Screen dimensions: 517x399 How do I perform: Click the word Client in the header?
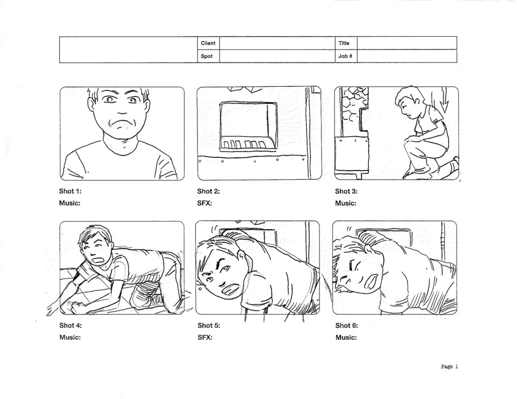click(208, 43)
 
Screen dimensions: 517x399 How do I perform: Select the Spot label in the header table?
click(207, 56)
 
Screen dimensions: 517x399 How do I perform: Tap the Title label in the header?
click(344, 43)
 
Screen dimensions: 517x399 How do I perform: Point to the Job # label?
click(345, 56)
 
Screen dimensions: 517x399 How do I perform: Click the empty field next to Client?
click(277, 43)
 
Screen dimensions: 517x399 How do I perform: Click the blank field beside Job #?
click(407, 56)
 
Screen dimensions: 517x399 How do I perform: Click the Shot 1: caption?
click(70, 191)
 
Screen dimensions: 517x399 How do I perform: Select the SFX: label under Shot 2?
click(205, 203)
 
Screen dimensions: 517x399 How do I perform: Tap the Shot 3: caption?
click(346, 191)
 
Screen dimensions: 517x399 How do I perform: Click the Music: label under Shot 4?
click(70, 338)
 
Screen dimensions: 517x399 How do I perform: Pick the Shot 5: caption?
click(209, 326)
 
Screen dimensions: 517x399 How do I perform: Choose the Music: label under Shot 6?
click(346, 338)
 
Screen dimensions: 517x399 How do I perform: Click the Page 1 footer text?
click(449, 366)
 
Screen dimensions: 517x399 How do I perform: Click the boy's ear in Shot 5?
click(242, 257)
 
